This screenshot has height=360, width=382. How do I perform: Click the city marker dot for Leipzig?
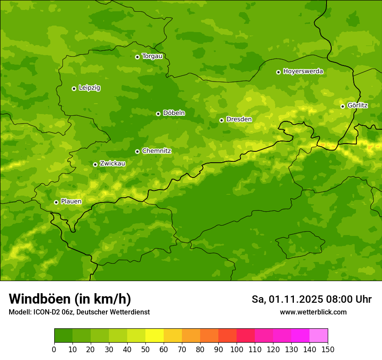click(x=74, y=88)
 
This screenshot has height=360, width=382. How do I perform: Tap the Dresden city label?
click(x=239, y=119)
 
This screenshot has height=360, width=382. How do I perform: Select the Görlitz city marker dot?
click(x=342, y=106)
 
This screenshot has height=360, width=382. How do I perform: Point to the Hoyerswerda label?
click(x=303, y=71)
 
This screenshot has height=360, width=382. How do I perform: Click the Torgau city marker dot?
click(x=137, y=57)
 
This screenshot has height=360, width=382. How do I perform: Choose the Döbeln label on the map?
click(x=174, y=113)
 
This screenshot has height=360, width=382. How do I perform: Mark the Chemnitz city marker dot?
click(x=137, y=151)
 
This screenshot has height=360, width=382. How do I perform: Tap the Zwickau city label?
click(x=112, y=164)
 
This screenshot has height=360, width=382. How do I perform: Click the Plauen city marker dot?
click(x=56, y=202)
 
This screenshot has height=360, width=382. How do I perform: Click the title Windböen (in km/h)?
click(x=70, y=299)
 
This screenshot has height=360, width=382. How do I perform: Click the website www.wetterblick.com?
click(x=313, y=312)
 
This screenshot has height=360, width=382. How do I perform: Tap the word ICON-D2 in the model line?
click(x=46, y=312)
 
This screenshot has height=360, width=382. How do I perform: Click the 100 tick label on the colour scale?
click(x=237, y=349)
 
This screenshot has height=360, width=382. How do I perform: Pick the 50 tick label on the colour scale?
click(x=145, y=349)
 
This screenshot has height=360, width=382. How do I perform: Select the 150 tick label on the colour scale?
click(x=328, y=349)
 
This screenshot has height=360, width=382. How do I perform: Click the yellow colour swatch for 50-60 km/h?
click(x=155, y=336)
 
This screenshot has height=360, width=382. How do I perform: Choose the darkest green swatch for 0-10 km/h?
click(x=63, y=336)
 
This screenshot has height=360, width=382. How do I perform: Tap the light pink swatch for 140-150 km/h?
click(x=319, y=336)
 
